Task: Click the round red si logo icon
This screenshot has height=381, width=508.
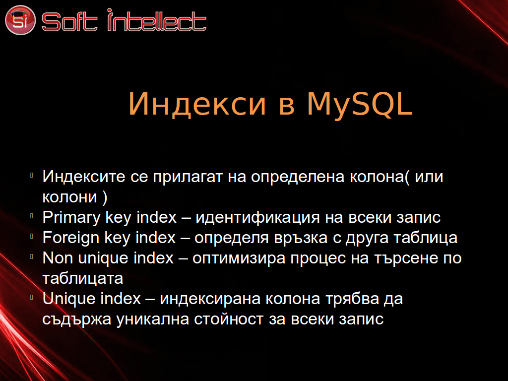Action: pos(20,20)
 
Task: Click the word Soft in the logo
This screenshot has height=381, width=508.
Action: pos(69,22)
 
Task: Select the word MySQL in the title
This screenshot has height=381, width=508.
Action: pos(360,104)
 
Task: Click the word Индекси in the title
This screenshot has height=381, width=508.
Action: pos(197,104)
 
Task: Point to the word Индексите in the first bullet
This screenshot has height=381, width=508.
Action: pos(84,177)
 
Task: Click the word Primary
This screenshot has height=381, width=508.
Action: pos(71,218)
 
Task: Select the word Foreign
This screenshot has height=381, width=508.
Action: pos(71,238)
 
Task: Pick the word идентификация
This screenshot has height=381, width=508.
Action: pos(258,218)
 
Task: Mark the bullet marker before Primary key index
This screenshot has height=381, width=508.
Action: pos(32,216)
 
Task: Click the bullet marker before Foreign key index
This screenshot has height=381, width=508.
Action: pos(32,236)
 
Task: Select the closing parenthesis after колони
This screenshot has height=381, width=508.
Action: pos(105,197)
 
